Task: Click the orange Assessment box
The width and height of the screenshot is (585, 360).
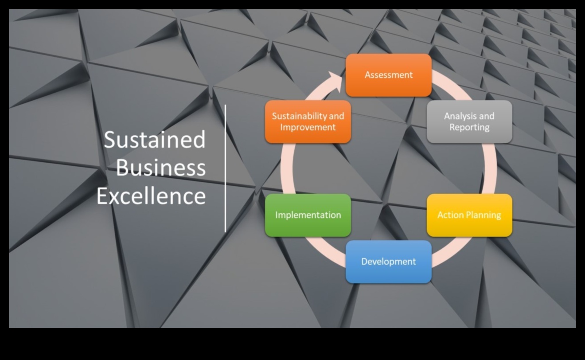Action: pyautogui.click(x=388, y=75)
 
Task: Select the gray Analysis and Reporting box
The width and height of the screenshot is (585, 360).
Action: pyautogui.click(x=469, y=122)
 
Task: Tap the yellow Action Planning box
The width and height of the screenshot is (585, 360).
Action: pyautogui.click(x=469, y=215)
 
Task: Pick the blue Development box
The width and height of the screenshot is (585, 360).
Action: pyautogui.click(x=388, y=262)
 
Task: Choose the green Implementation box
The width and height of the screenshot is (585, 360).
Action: pyautogui.click(x=308, y=215)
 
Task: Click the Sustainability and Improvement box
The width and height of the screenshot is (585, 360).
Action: pyautogui.click(x=308, y=122)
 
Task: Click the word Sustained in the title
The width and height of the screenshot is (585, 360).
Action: pyautogui.click(x=155, y=139)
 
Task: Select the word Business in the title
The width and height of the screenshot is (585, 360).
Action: pyautogui.click(x=161, y=168)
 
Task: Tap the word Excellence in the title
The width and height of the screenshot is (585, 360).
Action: pyautogui.click(x=151, y=196)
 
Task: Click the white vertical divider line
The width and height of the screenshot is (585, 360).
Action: pyautogui.click(x=225, y=168)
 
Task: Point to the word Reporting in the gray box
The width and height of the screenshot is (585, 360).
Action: pyautogui.click(x=469, y=127)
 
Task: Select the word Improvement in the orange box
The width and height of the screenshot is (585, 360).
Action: pyautogui.click(x=308, y=127)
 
